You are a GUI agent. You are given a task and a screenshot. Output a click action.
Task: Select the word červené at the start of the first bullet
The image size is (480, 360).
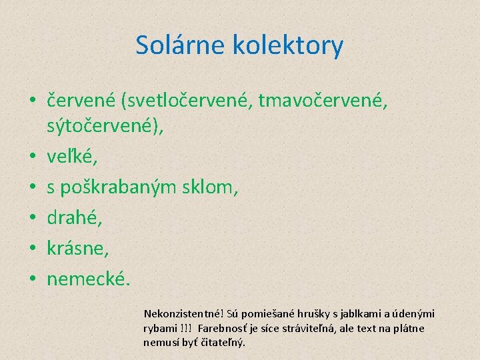tap(81, 101)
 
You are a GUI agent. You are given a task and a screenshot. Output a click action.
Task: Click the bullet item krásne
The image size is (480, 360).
tap(77, 249)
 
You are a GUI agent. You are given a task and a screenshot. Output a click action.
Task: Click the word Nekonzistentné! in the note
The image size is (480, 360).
tap(183, 313)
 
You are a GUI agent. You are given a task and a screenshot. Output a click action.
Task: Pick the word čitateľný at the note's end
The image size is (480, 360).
tap(223, 343)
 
